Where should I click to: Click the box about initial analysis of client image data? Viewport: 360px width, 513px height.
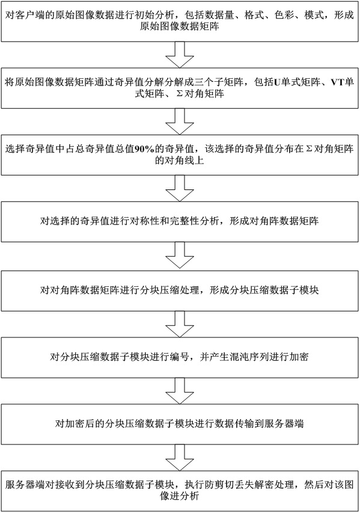[x=180, y=21]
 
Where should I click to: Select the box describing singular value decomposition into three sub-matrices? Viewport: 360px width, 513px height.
[x=180, y=88]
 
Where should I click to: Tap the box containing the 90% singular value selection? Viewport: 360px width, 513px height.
[x=180, y=155]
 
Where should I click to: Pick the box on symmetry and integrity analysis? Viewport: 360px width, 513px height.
[x=180, y=222]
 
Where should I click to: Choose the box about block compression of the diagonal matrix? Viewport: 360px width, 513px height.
[x=180, y=290]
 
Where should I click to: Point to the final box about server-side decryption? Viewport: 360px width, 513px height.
[x=180, y=491]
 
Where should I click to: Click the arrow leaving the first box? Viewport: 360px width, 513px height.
[x=180, y=55]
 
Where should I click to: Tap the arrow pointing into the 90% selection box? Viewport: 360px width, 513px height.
[x=180, y=121]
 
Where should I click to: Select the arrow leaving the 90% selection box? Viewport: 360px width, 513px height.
[x=180, y=188]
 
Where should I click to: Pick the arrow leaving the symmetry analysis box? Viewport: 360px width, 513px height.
[x=180, y=256]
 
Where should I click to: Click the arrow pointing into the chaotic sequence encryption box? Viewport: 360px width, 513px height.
[x=180, y=324]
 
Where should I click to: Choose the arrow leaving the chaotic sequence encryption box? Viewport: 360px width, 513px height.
[x=180, y=391]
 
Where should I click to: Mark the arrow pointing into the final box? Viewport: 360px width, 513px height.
[x=180, y=458]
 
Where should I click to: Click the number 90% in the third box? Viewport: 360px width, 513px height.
[x=144, y=149]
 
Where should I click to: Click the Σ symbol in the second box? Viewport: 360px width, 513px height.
[x=179, y=94]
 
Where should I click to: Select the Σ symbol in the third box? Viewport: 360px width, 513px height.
[x=308, y=149]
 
